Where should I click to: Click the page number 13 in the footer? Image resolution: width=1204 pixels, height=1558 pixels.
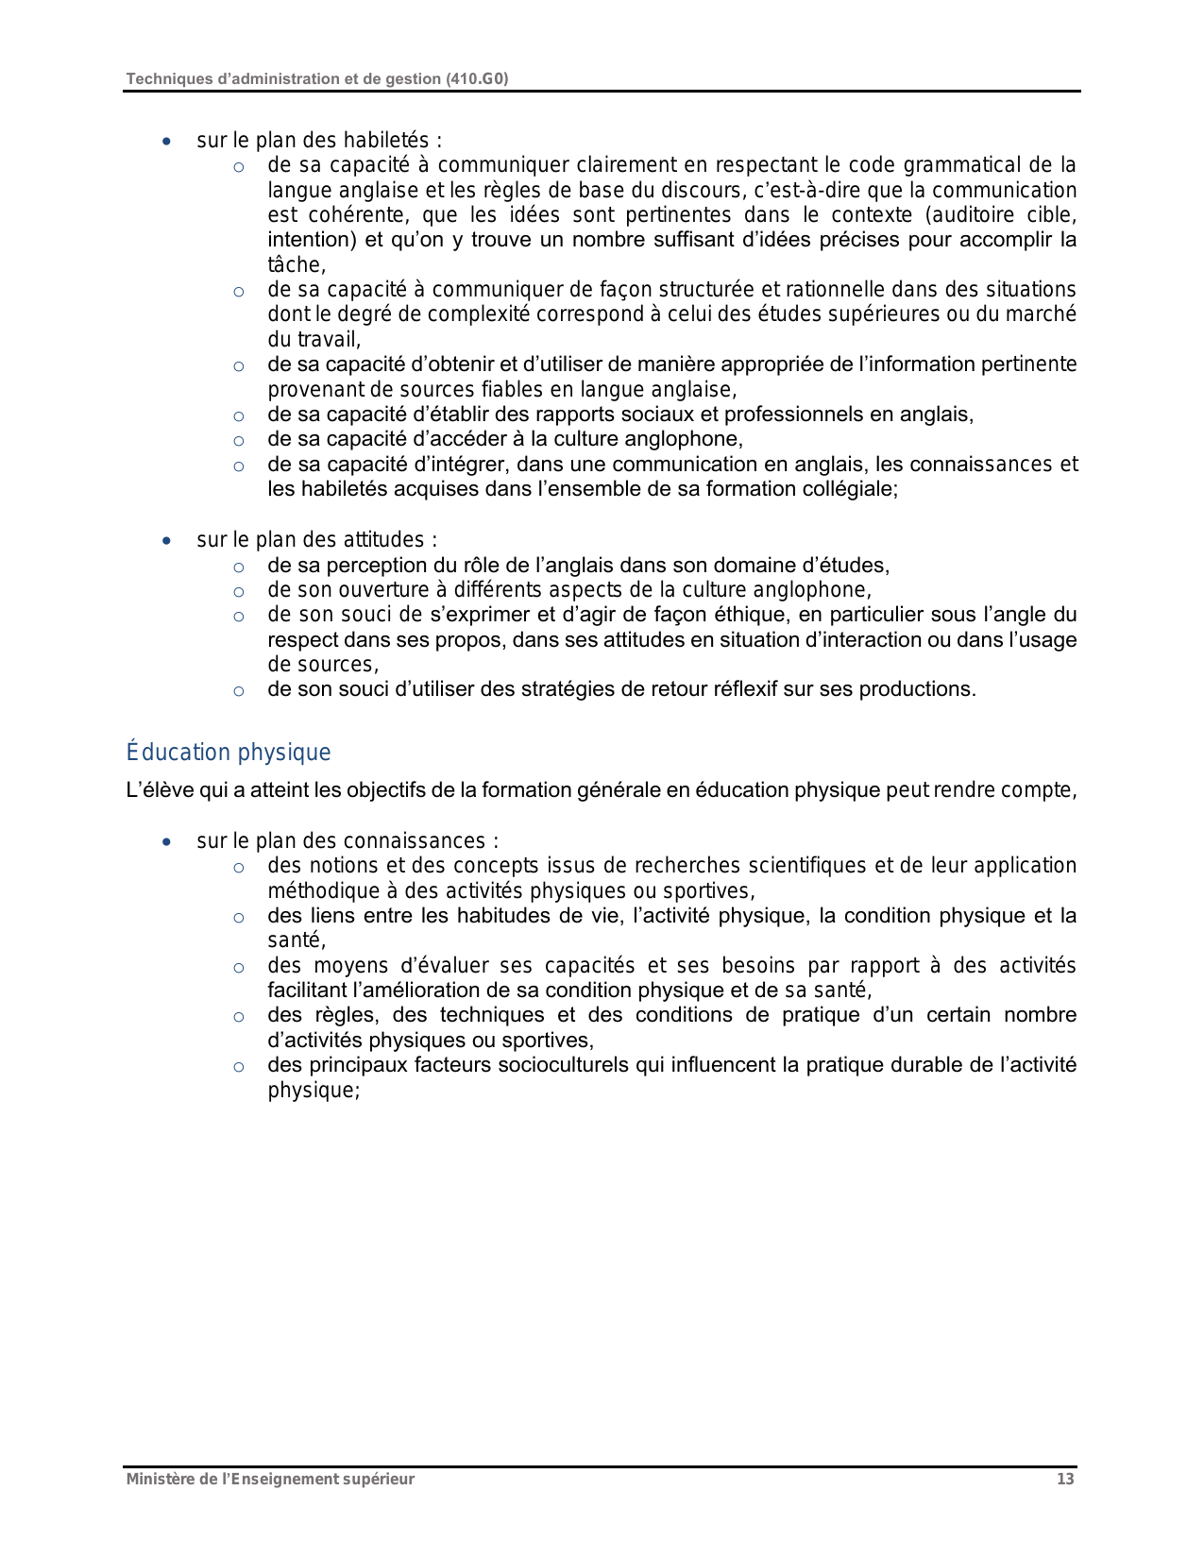pyautogui.click(x=1065, y=1480)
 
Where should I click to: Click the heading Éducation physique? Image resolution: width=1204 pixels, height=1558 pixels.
pyautogui.click(x=229, y=753)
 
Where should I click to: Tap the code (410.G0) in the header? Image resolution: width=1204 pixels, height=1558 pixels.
pyautogui.click(x=477, y=79)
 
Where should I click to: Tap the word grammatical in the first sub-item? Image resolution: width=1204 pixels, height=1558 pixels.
pyautogui.click(x=956, y=165)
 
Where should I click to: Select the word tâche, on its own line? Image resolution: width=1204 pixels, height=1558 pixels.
pyautogui.click(x=297, y=265)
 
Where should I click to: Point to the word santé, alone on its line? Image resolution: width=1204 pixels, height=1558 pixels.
pyautogui.click(x=297, y=940)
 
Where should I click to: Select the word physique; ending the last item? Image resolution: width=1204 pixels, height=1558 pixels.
pyautogui.click(x=314, y=1091)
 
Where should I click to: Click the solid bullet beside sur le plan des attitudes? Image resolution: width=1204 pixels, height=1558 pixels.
pyautogui.click(x=167, y=541)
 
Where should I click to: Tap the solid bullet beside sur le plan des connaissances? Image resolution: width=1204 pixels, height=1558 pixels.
pyautogui.click(x=167, y=842)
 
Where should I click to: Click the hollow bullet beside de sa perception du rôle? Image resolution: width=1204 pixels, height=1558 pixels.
pyautogui.click(x=239, y=567)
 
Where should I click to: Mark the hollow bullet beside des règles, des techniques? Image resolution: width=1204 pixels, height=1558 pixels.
pyautogui.click(x=239, y=1017)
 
